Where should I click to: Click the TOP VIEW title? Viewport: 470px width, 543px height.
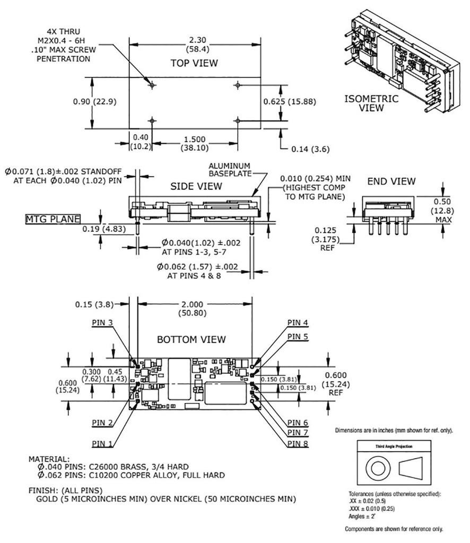(194, 63)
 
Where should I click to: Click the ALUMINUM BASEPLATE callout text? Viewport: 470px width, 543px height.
(229, 170)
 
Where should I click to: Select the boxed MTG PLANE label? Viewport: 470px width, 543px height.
(53, 219)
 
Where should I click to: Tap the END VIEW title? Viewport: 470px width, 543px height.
(391, 182)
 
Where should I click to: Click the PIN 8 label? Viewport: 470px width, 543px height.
(298, 443)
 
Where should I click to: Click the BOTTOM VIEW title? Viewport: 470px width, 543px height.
(192, 339)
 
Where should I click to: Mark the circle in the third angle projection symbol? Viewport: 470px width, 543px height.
(378, 469)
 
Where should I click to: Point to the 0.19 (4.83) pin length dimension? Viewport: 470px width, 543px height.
(104, 229)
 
